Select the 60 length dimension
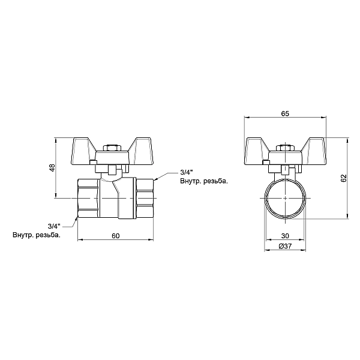(116, 235)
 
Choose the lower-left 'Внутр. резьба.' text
(37, 235)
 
